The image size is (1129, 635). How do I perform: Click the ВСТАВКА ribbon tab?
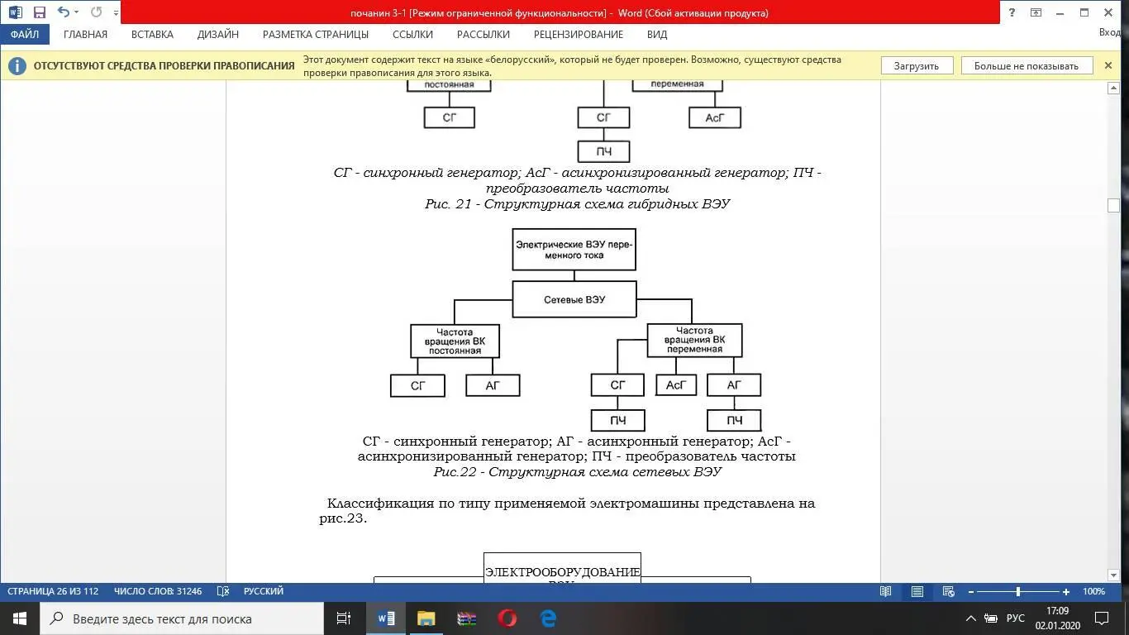tap(152, 35)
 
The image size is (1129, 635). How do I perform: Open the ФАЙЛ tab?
tap(25, 35)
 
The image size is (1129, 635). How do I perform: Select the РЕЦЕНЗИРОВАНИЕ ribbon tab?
tap(578, 35)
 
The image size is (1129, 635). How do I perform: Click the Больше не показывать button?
tap(1026, 66)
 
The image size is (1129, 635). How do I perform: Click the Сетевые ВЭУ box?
tap(574, 299)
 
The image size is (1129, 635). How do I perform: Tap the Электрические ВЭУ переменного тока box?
tap(574, 250)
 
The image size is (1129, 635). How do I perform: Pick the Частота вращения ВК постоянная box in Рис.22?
tap(455, 341)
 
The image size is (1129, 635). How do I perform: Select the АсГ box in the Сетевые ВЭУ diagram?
tap(676, 385)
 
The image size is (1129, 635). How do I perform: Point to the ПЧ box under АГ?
tap(734, 421)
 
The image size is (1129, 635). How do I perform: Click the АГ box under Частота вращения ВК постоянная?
tap(493, 385)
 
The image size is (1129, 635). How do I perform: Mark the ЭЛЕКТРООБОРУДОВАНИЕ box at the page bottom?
tap(562, 571)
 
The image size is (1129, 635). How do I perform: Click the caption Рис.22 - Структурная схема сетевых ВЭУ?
tap(577, 472)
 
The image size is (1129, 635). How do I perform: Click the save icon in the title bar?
tap(39, 12)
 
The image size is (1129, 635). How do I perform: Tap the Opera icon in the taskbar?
tap(507, 618)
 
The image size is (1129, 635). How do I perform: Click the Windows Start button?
tap(20, 618)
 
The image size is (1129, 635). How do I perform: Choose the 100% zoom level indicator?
tap(1093, 591)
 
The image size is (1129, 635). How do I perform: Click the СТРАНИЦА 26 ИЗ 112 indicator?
tap(53, 591)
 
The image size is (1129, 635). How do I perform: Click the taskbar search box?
tap(182, 618)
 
